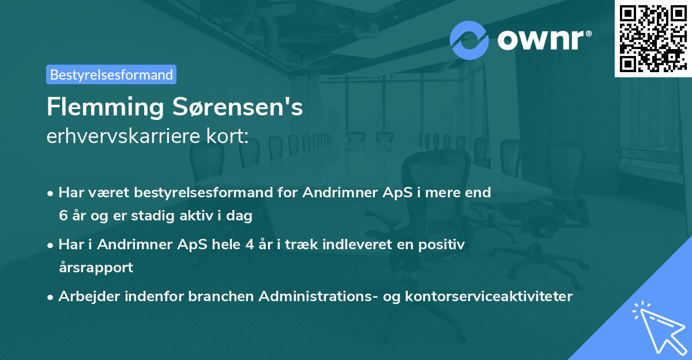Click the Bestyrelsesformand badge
tap(111, 74)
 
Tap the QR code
tap(653, 38)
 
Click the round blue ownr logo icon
tap(469, 40)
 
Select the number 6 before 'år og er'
tap(63, 216)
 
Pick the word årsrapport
tap(96, 268)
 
